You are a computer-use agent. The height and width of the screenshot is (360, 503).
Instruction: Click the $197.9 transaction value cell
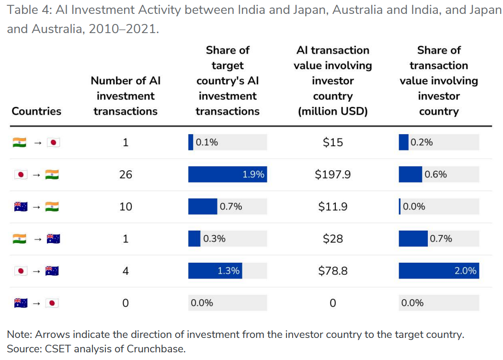pos(332,174)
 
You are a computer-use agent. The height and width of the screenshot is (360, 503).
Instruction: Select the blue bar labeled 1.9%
pos(227,174)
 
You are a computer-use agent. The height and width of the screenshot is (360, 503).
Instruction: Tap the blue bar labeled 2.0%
pos(438,271)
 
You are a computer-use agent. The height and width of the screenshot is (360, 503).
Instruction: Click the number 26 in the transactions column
pos(126,174)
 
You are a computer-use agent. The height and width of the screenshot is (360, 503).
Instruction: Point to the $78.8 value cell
pos(332,271)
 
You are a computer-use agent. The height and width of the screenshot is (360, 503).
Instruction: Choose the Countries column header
pos(36,111)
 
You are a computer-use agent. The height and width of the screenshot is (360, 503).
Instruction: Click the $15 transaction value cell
pos(332,142)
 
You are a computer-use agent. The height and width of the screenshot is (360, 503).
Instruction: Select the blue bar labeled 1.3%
pos(215,271)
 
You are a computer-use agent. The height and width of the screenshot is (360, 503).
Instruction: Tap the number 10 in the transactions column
pos(126,207)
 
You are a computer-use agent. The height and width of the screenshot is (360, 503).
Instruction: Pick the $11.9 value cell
pos(332,207)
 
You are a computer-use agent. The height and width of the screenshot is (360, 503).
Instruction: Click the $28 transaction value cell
pos(332,239)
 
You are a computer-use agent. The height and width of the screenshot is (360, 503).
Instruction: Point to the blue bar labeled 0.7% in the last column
pos(413,239)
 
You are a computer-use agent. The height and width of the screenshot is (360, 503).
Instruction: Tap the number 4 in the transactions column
pos(126,271)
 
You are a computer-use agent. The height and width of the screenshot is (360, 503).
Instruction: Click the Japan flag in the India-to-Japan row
pos(53,142)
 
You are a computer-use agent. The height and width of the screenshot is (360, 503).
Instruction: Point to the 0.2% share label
pos(422,142)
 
